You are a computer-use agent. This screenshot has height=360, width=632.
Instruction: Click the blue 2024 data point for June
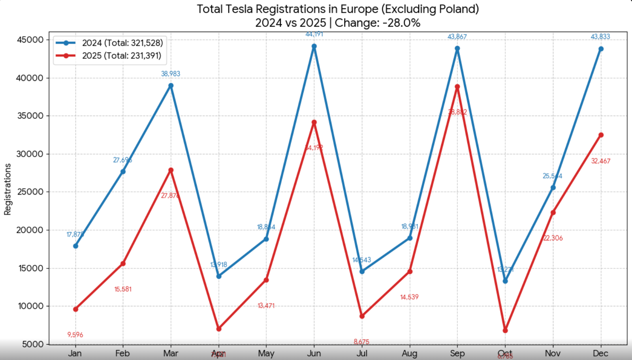tap(314, 46)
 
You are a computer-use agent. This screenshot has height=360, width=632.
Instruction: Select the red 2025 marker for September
tap(457, 87)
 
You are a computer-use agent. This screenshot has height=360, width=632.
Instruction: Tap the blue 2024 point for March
tap(171, 86)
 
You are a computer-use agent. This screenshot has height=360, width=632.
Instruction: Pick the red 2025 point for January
tap(75, 309)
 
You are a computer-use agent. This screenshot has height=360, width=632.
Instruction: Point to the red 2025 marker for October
tap(505, 330)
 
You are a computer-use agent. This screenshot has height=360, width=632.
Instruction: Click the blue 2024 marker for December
tap(601, 49)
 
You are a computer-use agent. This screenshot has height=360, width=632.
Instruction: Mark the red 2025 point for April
tap(219, 329)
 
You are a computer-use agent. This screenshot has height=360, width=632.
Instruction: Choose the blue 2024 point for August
tap(410, 238)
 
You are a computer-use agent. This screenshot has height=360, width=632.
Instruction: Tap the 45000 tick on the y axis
tap(30, 40)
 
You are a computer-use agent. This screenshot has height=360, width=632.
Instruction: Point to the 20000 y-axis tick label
tap(30, 230)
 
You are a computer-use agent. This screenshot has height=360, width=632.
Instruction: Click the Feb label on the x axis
tap(122, 353)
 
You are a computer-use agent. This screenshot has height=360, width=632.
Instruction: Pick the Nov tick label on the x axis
tap(553, 353)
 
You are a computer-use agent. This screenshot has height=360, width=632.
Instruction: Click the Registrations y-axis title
tap(8, 189)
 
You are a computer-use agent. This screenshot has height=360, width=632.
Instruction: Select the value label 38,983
tap(171, 74)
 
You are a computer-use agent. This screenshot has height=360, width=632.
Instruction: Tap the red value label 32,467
tap(600, 161)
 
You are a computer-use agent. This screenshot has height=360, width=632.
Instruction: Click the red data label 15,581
tap(123, 289)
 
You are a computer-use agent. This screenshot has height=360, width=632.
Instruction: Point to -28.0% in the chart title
tap(401, 23)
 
